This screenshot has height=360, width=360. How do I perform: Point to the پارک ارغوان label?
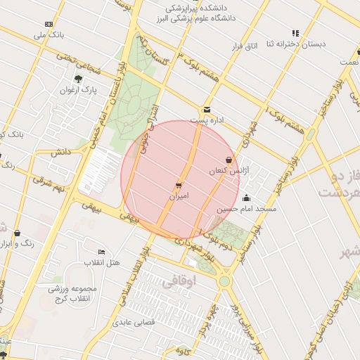[x=78, y=90]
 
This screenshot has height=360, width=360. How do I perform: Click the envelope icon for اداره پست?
[x=207, y=110]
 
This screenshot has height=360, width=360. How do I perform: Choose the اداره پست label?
[x=210, y=120]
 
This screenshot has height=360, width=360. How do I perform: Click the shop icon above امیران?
[x=179, y=186]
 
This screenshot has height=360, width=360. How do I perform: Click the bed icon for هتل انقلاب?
[x=102, y=252]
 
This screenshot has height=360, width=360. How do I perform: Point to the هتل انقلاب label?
[x=102, y=262]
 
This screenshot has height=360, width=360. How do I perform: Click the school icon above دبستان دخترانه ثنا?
[x=295, y=33]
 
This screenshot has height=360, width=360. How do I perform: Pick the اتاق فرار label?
[x=245, y=46]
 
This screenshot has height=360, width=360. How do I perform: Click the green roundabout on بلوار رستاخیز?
[x=224, y=281]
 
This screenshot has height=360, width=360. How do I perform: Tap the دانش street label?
[x=61, y=152]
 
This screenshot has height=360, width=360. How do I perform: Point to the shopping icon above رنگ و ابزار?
[x=17, y=233]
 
